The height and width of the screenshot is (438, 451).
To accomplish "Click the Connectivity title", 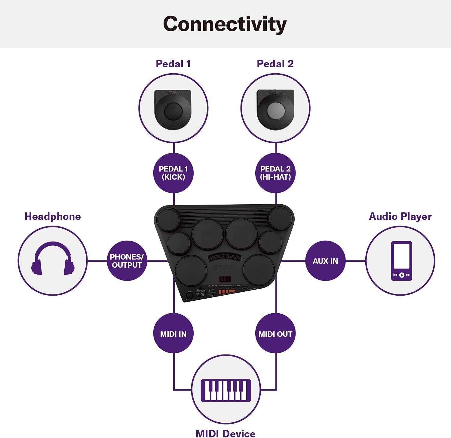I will (x=225, y=24).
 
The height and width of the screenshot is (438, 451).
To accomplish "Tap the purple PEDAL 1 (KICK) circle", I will (x=173, y=173).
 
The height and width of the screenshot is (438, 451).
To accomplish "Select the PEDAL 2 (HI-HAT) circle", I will (x=275, y=173).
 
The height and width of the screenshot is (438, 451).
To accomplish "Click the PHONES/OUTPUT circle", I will (x=127, y=261).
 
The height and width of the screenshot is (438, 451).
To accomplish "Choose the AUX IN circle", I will (x=325, y=261).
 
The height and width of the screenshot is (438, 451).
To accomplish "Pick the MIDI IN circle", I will (x=173, y=334).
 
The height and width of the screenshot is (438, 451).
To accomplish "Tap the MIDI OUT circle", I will (x=275, y=334).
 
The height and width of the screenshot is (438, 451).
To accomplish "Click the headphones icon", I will (x=53, y=259).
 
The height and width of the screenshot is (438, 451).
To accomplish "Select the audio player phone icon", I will (x=401, y=261).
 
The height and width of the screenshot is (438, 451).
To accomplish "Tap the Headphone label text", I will (x=53, y=217).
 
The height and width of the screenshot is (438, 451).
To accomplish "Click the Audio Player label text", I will (x=400, y=217).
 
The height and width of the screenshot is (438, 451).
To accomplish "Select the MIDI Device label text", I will (x=226, y=433).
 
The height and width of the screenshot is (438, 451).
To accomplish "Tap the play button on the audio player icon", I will (x=401, y=275).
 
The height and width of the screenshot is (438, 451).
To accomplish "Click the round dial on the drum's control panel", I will (x=200, y=292).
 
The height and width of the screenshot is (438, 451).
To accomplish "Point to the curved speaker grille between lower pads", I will (x=224, y=257).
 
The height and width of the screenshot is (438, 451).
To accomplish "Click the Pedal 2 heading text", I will (x=275, y=64).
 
